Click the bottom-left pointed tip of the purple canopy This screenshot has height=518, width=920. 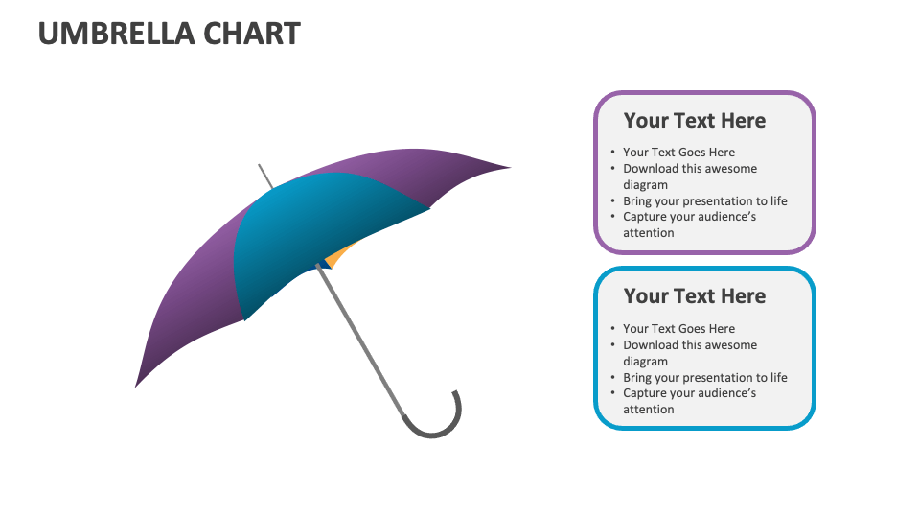pyautogui.click(x=139, y=383)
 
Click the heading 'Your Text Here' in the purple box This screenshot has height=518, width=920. pyautogui.click(x=695, y=121)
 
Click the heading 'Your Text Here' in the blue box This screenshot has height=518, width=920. pyautogui.click(x=695, y=296)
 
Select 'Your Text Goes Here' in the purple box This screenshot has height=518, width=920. pyautogui.click(x=678, y=152)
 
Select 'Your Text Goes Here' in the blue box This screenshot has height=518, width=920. pyautogui.click(x=678, y=328)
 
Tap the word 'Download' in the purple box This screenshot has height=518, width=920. pyautogui.click(x=650, y=168)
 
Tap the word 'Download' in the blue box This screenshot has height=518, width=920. pyautogui.click(x=650, y=344)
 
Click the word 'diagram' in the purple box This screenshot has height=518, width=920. pyautogui.click(x=645, y=184)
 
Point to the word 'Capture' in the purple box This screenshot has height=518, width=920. pyautogui.click(x=644, y=216)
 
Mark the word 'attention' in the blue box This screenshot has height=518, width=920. pyautogui.click(x=648, y=409)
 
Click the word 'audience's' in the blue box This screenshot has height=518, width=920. pyautogui.click(x=725, y=392)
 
